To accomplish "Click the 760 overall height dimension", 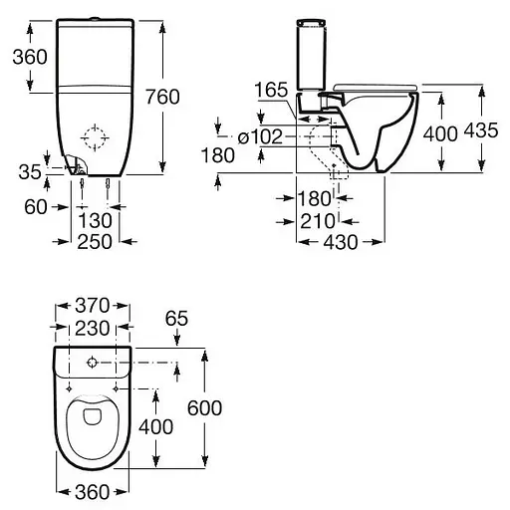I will click(x=189, y=97).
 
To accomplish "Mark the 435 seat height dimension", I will click(x=488, y=132).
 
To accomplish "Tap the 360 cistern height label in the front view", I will click(x=28, y=57).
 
